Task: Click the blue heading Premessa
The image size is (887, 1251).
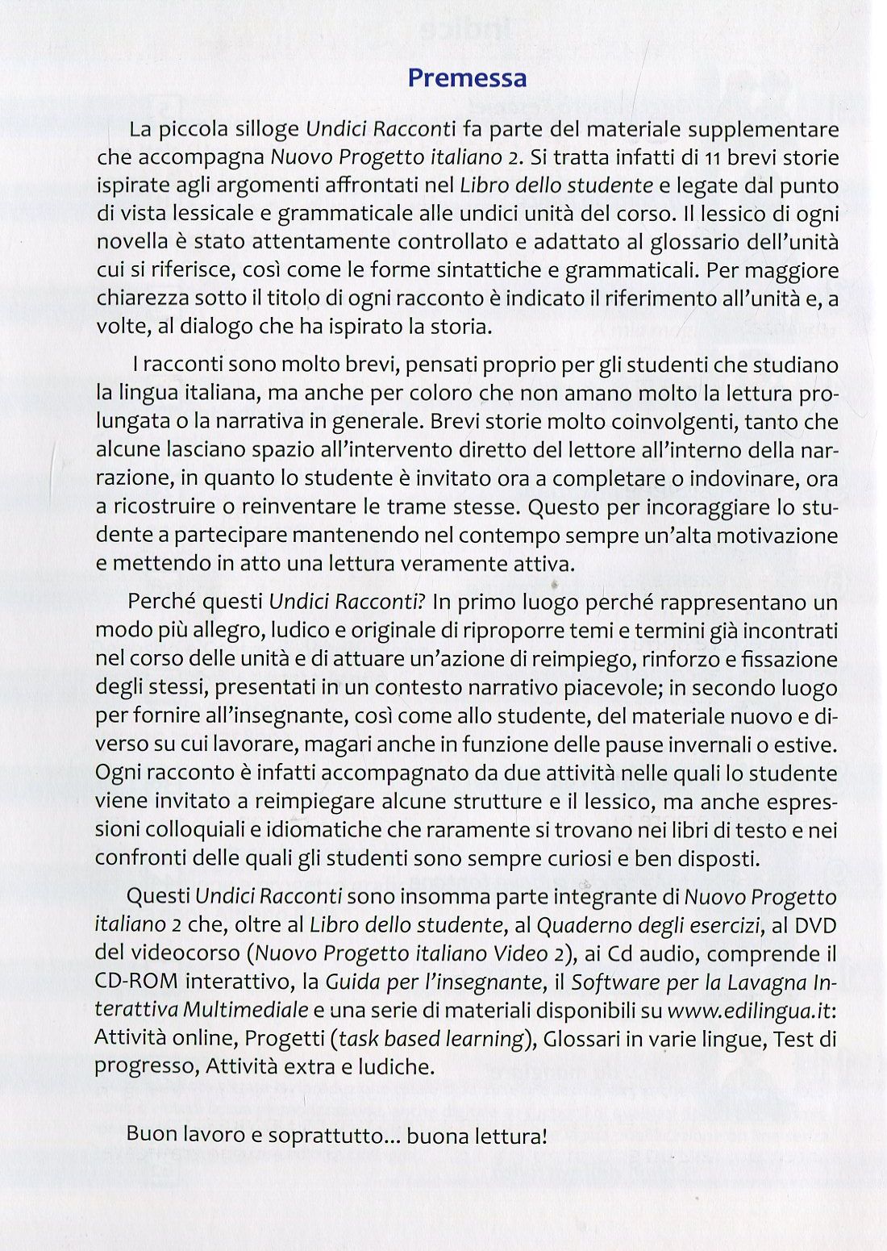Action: [467, 78]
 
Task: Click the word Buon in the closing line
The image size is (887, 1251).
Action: [152, 1136]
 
